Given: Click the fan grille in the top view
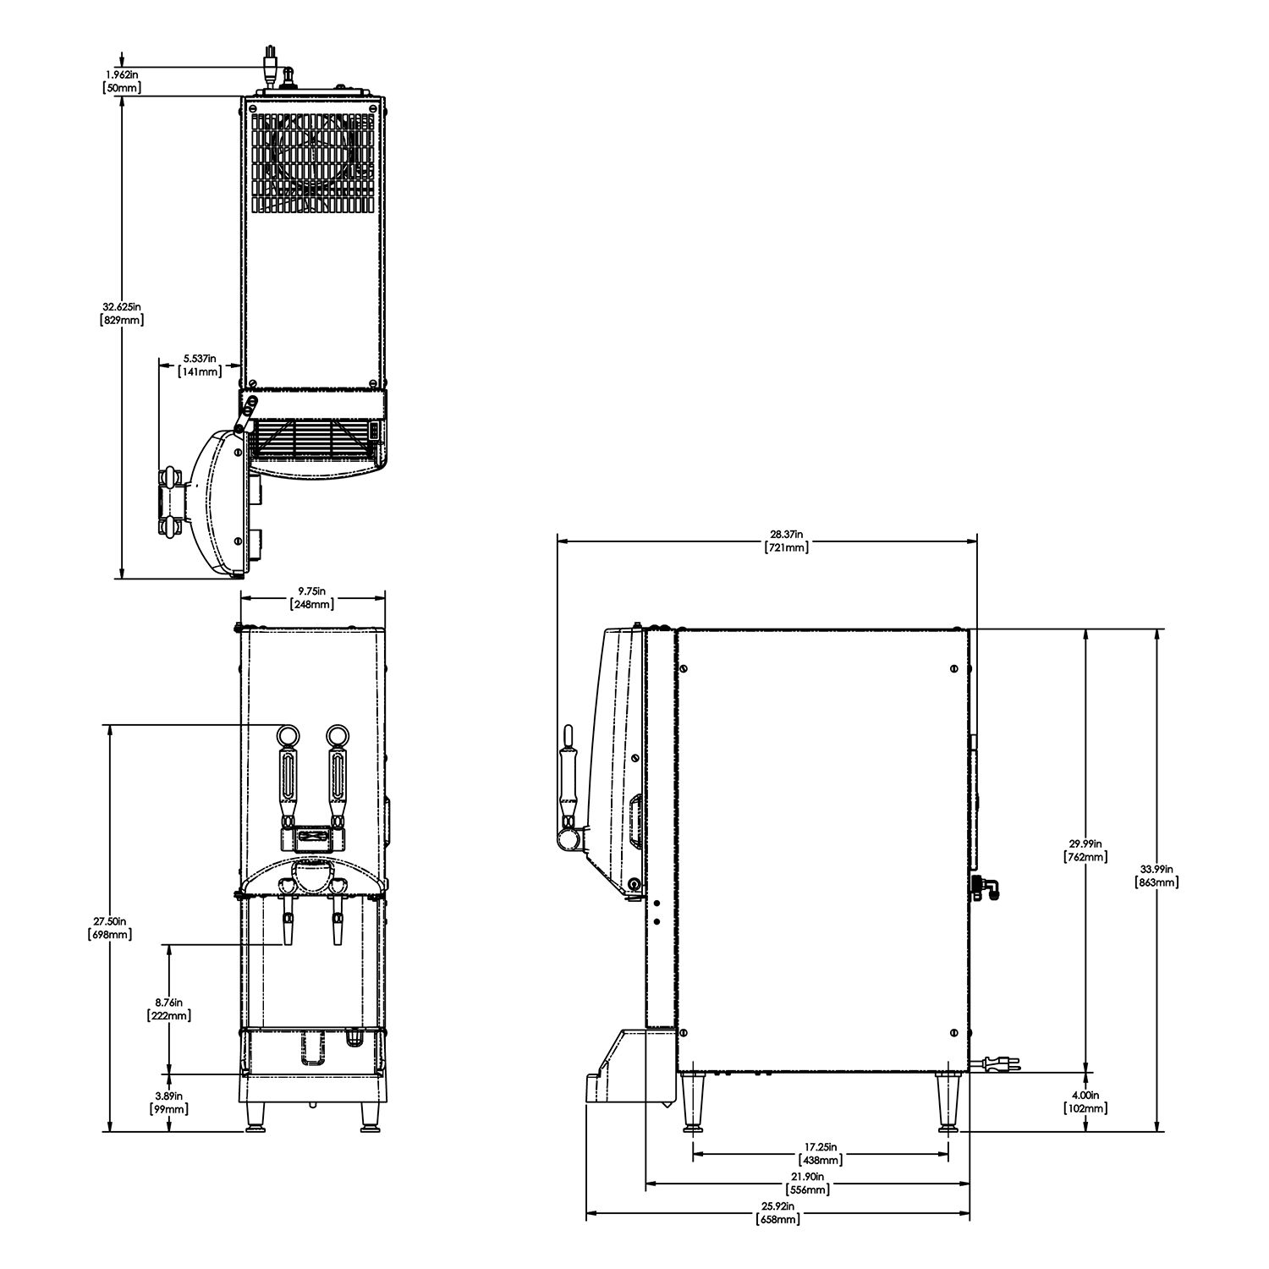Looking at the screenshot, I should pyautogui.click(x=313, y=162).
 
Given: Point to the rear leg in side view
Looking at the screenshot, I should pyautogui.click(x=947, y=1100).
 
